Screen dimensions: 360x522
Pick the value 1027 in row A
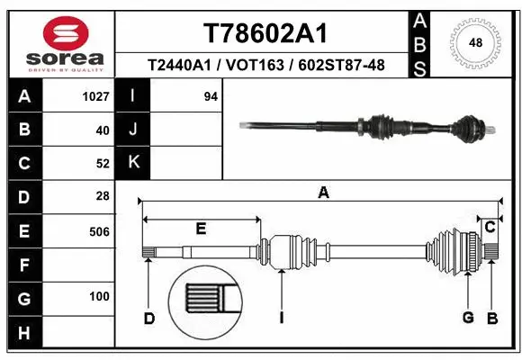point(95,96)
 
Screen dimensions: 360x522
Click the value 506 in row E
point(99,231)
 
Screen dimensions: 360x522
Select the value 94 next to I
point(211,96)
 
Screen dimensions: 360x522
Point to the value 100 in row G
point(99,297)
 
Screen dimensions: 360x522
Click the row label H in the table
point(24,334)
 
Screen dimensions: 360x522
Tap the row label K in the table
point(133,162)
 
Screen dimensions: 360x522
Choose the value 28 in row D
point(102,196)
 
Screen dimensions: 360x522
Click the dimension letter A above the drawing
point(323,192)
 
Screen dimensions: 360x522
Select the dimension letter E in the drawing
point(201,229)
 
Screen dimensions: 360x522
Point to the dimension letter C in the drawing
point(490,228)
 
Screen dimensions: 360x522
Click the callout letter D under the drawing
point(149,318)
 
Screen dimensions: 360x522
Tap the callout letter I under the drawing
point(282,318)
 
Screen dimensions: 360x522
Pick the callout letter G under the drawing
point(468,318)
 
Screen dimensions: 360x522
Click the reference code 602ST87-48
point(343,65)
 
